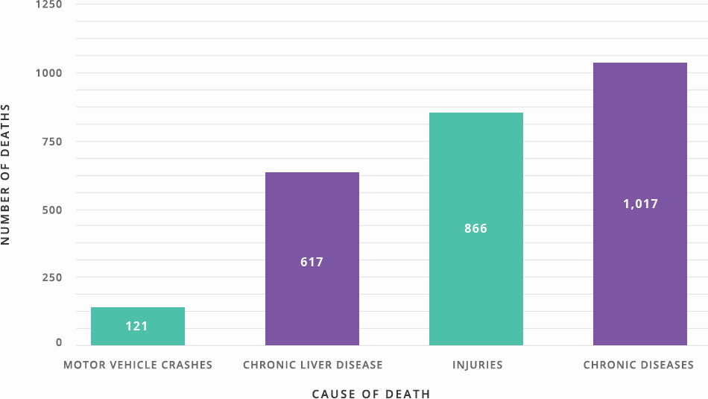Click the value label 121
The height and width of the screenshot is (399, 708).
(137, 327)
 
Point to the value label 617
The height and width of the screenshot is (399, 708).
(312, 263)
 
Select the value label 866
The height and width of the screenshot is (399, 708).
(475, 229)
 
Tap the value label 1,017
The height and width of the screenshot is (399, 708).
(640, 204)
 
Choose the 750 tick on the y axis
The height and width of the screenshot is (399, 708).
(51, 142)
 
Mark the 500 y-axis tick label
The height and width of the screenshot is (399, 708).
(51, 210)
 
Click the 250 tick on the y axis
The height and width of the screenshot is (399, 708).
(51, 277)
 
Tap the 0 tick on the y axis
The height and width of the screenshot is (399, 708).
(59, 343)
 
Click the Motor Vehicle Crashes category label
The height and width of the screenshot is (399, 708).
(138, 365)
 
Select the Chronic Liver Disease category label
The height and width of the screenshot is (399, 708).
(313, 365)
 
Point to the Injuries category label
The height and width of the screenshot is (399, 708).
(477, 365)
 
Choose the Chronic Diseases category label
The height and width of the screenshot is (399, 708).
(639, 365)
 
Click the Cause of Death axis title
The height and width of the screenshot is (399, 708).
(371, 394)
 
